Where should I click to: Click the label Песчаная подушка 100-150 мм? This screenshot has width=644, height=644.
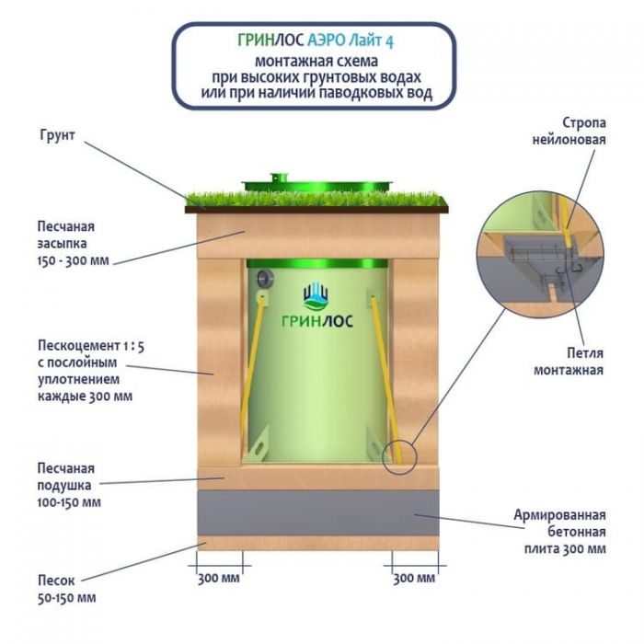69,485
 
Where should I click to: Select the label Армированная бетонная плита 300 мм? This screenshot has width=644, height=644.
560,532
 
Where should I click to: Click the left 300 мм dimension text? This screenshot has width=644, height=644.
219,578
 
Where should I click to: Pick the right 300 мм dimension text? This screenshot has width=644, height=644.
414,578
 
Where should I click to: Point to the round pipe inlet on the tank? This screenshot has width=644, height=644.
264,277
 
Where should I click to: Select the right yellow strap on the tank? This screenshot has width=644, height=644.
384,368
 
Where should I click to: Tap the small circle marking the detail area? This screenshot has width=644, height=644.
400,455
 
